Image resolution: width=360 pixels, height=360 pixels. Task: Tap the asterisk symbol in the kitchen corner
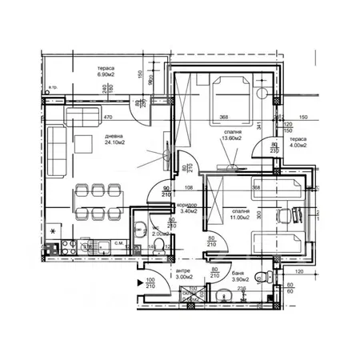(53, 232)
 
